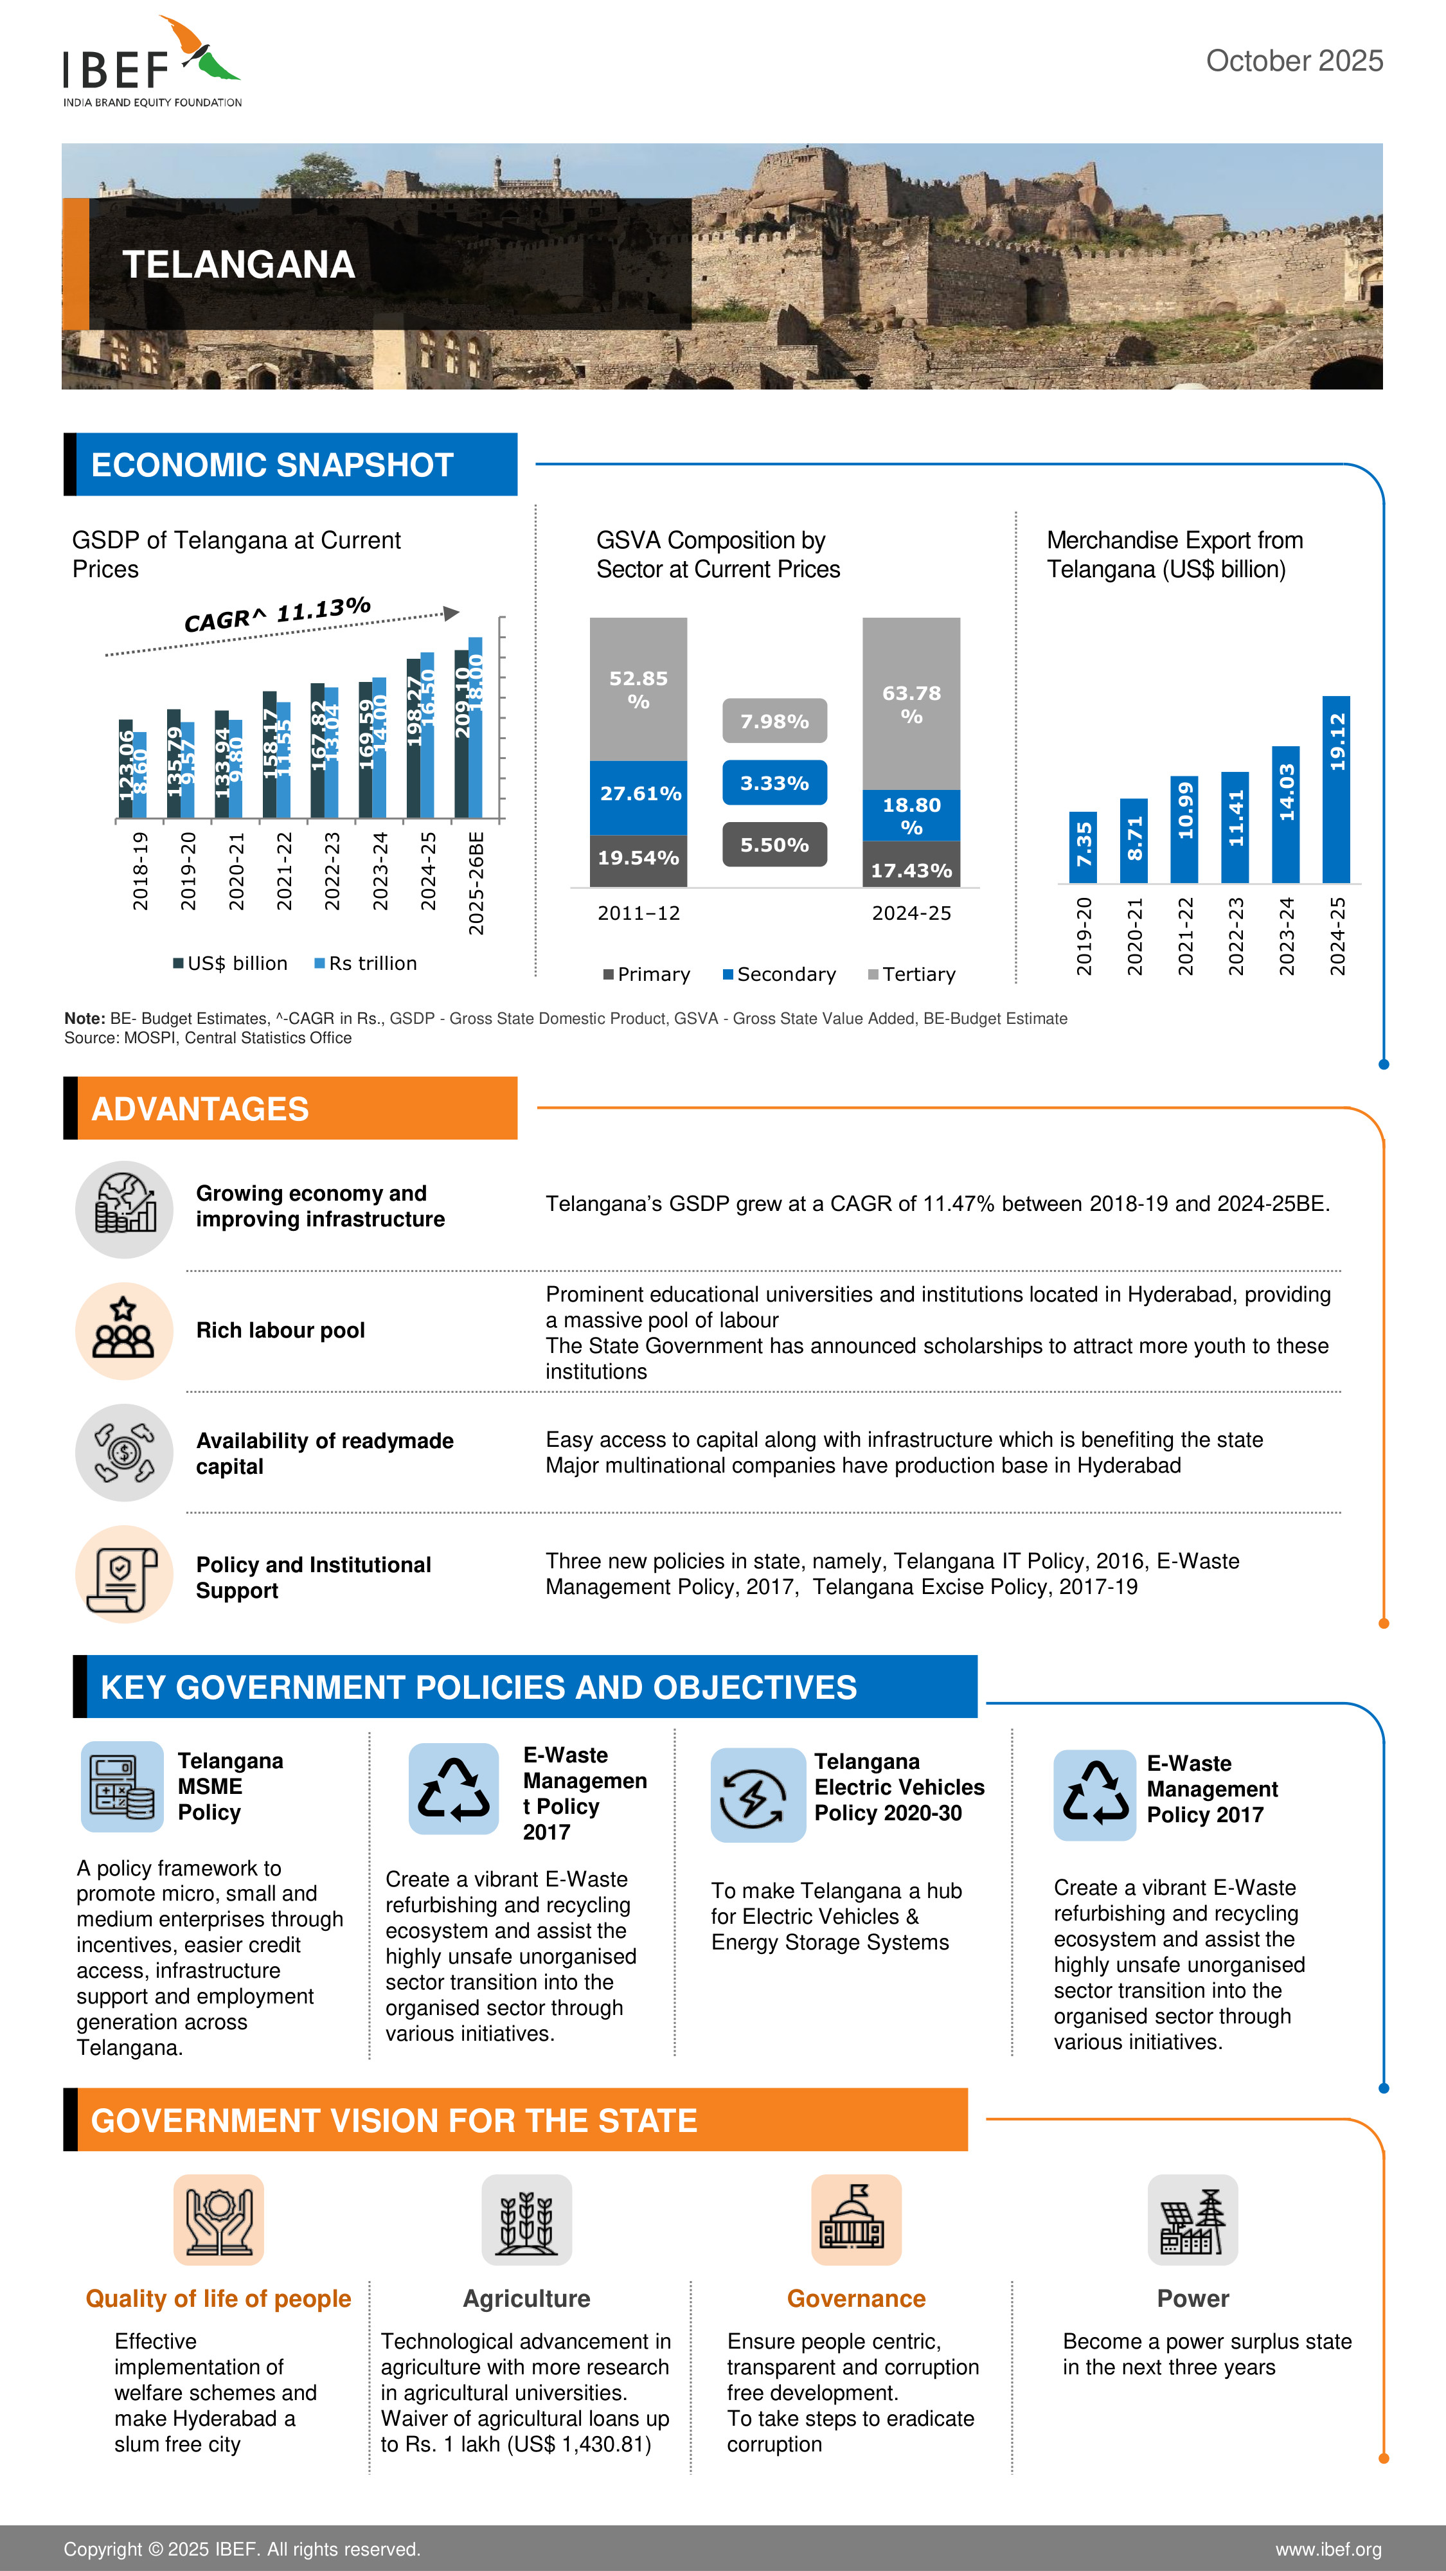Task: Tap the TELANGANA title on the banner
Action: coord(238,264)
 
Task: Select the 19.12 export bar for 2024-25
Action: coord(1335,789)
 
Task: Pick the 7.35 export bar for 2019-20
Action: coord(1083,847)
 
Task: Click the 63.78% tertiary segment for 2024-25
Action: coord(911,704)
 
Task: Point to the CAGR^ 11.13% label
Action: coord(278,614)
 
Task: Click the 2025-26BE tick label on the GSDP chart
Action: coord(476,882)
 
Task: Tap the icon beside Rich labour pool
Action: coord(124,1331)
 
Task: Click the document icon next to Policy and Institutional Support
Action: coord(124,1574)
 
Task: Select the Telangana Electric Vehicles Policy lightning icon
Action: coord(756,1795)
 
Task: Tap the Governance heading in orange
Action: coord(856,2298)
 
